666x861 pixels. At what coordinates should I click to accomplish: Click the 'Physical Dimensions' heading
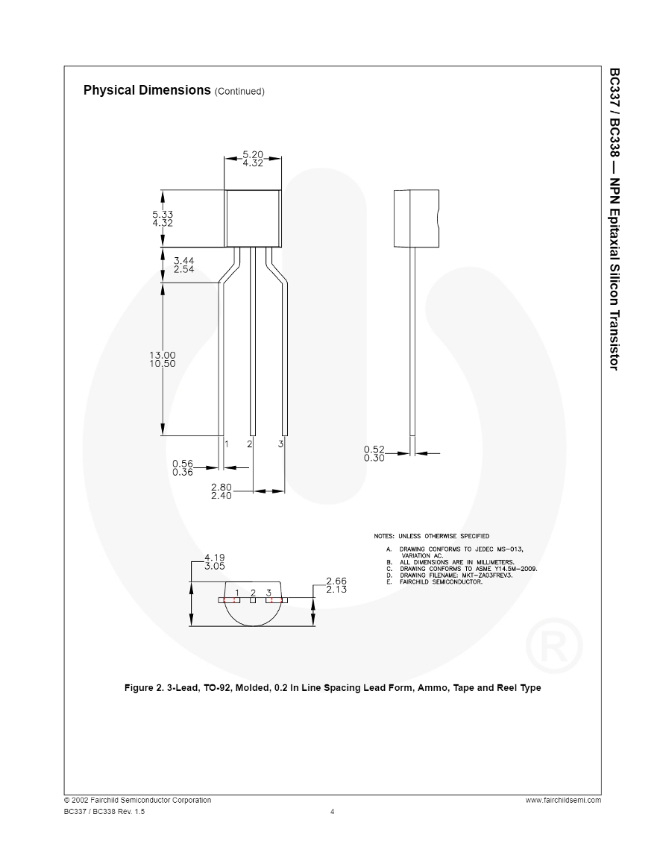click(147, 90)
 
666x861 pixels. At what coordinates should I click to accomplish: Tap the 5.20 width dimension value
click(253, 154)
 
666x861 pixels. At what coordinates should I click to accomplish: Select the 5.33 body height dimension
click(162, 214)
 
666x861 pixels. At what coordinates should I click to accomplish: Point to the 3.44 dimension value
click(183, 261)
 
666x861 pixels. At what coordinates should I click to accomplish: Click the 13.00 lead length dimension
click(162, 355)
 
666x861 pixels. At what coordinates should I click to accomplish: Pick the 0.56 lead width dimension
click(182, 464)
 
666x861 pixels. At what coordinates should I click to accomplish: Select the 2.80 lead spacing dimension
click(222, 488)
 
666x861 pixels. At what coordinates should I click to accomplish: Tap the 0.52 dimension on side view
click(374, 449)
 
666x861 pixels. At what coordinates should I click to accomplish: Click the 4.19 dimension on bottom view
click(214, 557)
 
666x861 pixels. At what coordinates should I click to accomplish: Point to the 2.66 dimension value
click(336, 581)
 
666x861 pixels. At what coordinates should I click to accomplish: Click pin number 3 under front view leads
click(280, 444)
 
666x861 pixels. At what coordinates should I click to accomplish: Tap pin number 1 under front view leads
click(227, 444)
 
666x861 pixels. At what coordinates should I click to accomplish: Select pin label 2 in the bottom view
click(253, 593)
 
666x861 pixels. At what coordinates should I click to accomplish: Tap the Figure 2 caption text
click(333, 687)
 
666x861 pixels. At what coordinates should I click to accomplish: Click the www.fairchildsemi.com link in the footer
click(562, 800)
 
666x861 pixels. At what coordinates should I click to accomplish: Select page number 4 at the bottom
click(333, 812)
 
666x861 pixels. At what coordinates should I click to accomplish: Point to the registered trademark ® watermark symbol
click(554, 643)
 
